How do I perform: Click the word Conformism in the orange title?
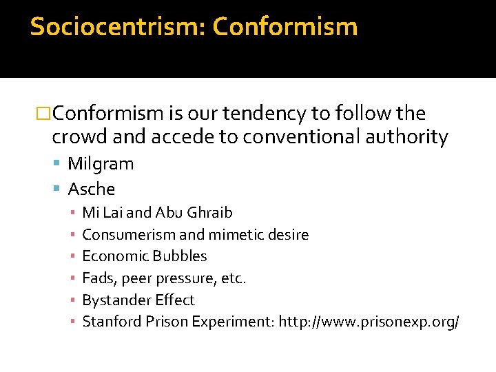[x=285, y=27]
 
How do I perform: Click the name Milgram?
[x=101, y=164]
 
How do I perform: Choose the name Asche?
[x=92, y=189]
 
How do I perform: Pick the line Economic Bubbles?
[x=144, y=256]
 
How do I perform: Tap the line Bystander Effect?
[x=138, y=300]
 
